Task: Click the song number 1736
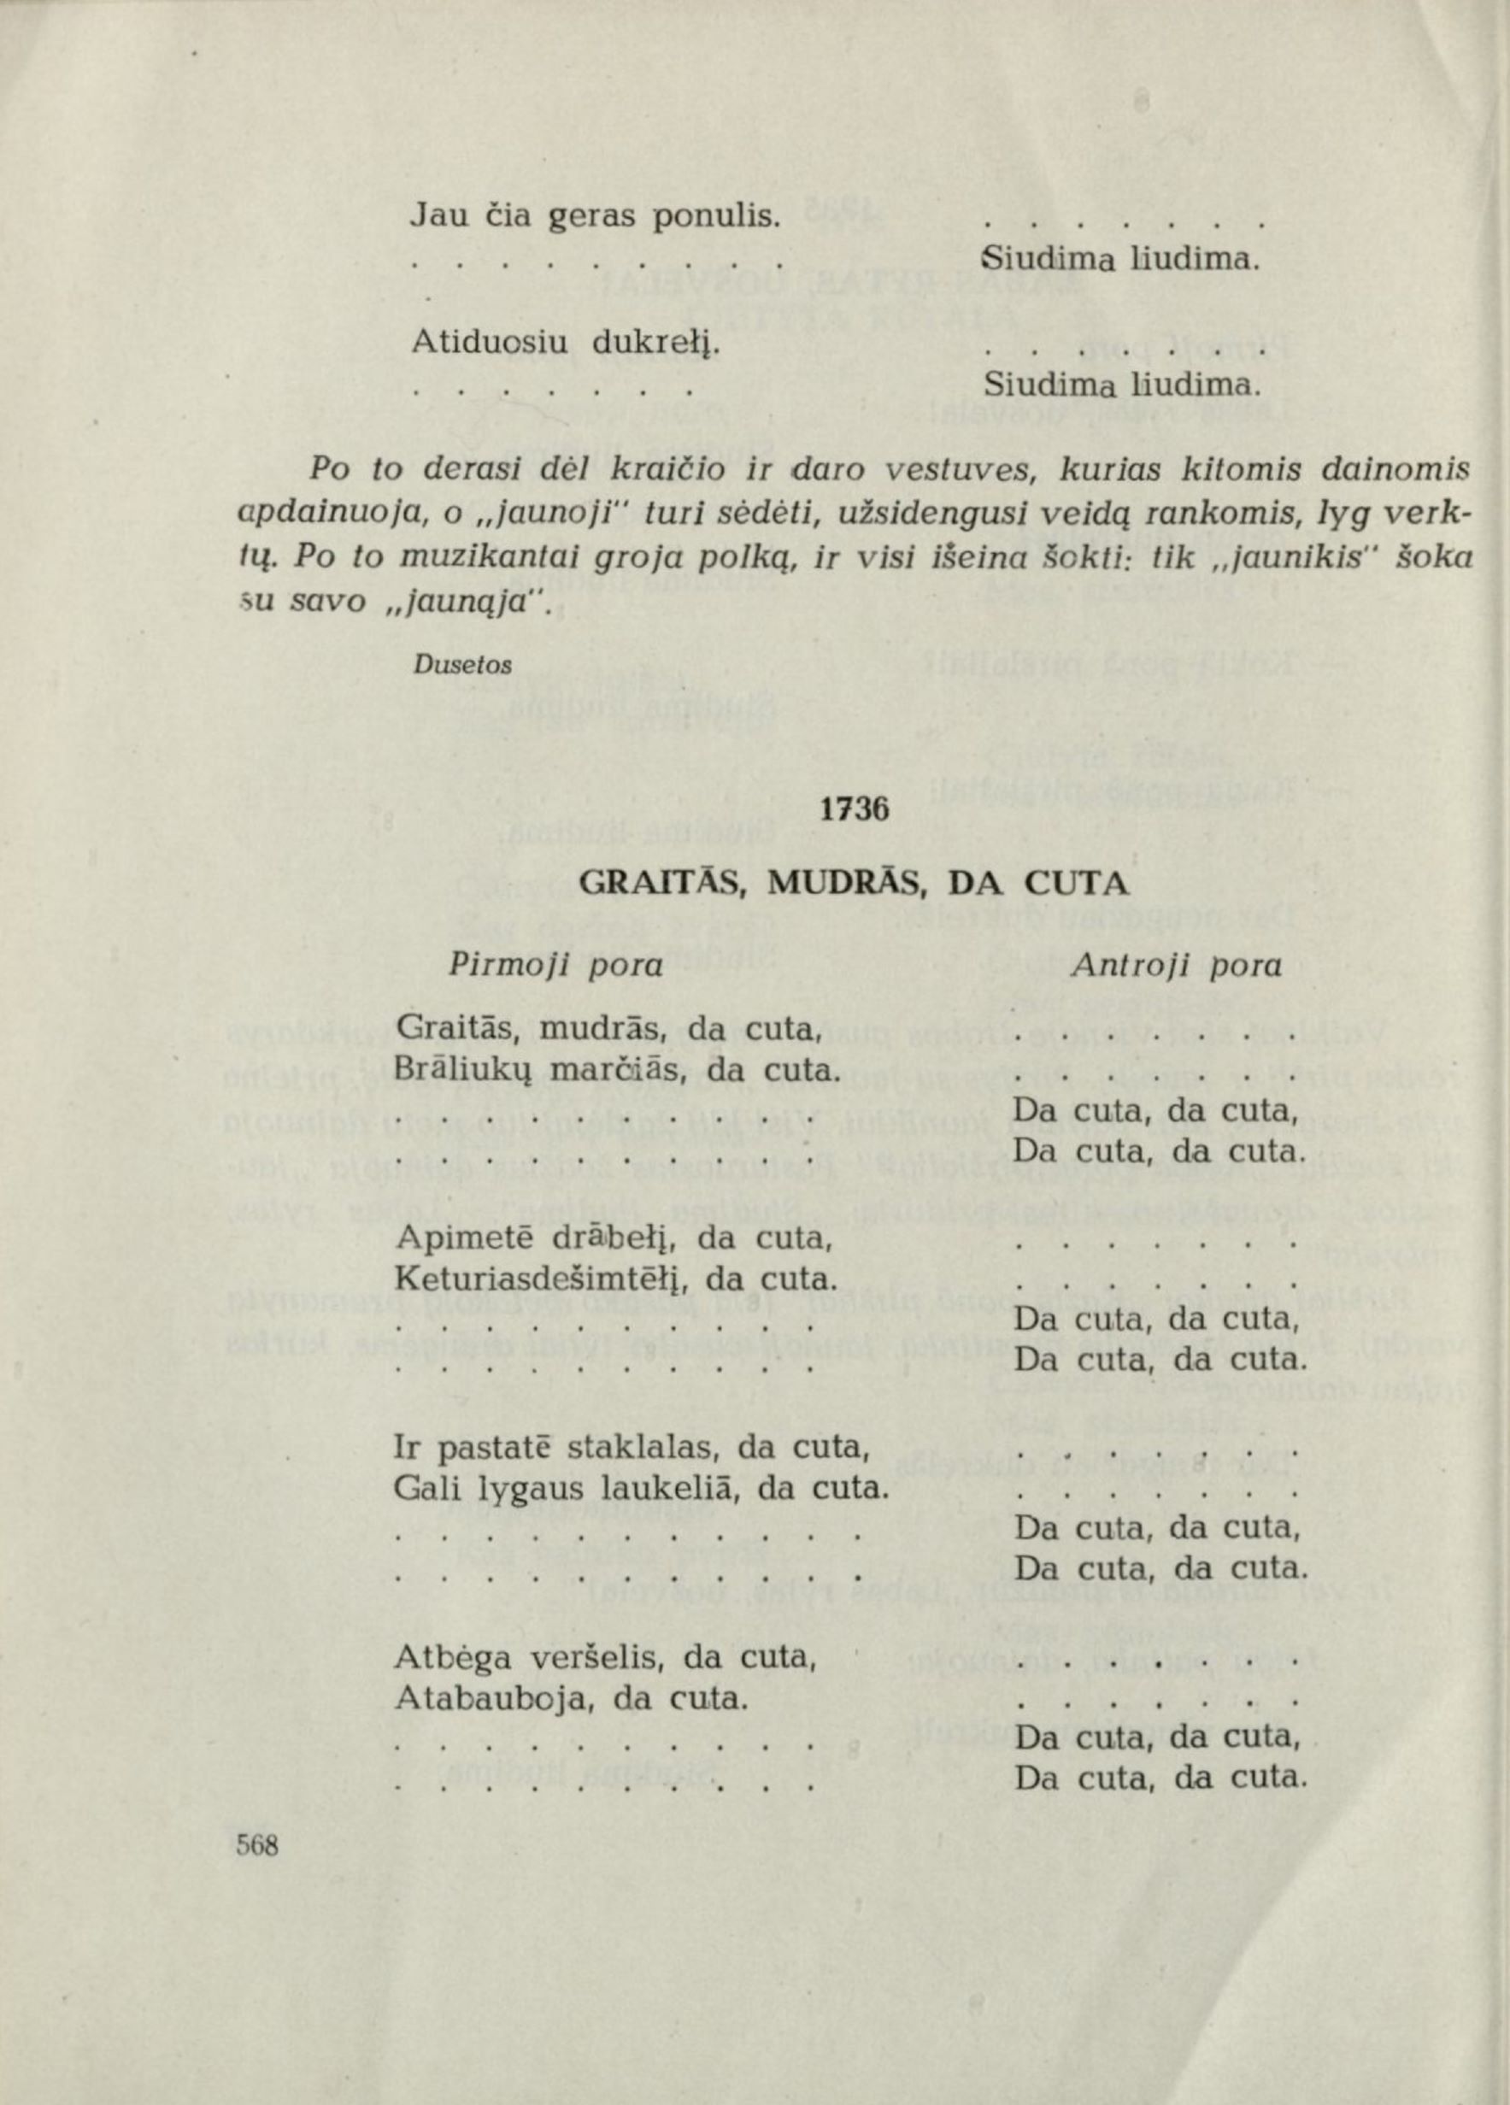tap(854, 809)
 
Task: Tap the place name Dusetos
tap(463, 665)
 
